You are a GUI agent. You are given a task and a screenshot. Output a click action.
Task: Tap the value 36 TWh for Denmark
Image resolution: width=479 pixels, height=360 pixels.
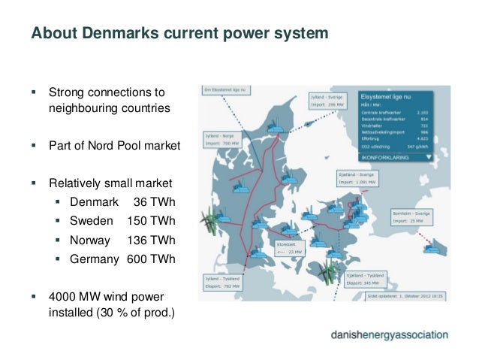154,202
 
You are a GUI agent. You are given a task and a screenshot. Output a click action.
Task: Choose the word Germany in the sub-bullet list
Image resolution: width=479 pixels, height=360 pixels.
95,260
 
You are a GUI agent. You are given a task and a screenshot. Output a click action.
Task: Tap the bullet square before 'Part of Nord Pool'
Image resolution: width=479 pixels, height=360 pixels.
34,146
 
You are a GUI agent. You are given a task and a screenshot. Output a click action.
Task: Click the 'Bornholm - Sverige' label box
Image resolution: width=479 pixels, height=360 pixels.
413,217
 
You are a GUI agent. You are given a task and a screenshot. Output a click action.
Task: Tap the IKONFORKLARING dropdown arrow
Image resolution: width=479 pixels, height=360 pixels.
428,159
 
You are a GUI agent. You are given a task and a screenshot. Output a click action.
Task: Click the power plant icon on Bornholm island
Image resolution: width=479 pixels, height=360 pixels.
431,246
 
